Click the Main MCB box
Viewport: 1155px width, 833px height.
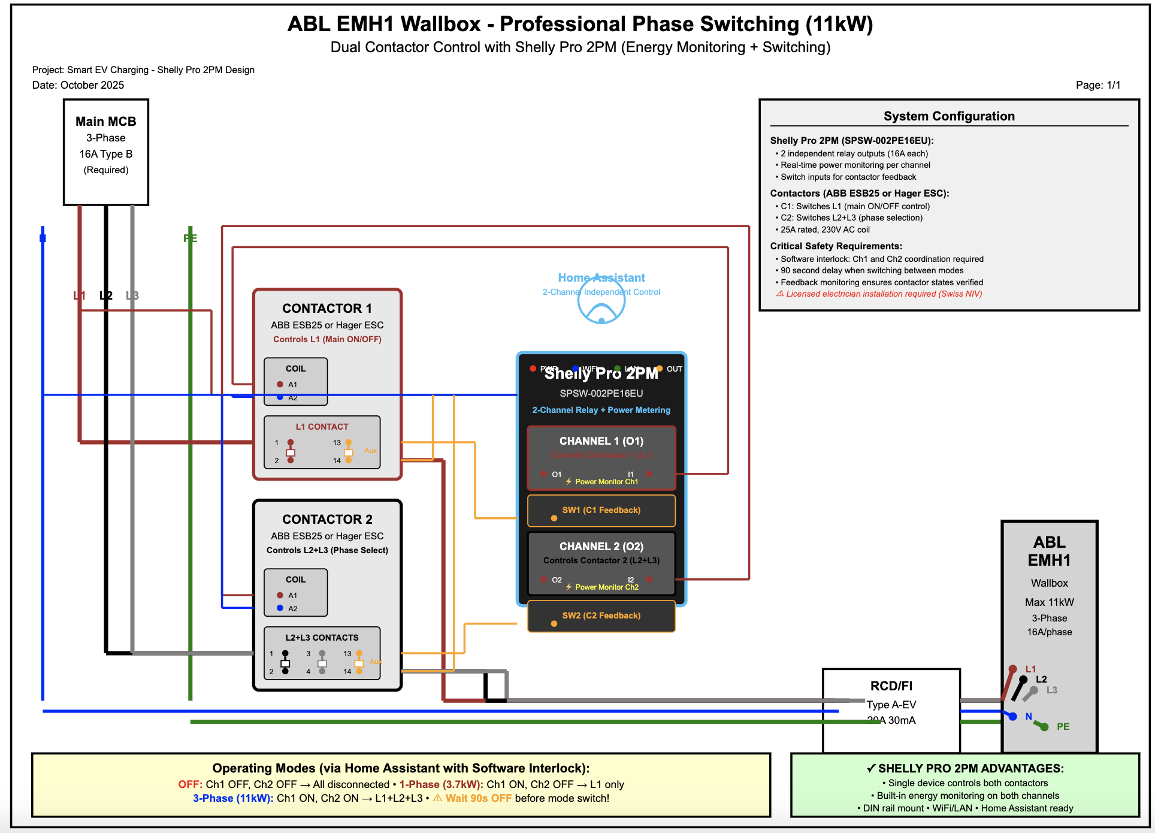coord(106,152)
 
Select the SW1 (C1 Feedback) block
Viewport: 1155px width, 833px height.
coord(601,511)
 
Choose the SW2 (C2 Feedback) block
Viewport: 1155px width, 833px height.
coord(601,616)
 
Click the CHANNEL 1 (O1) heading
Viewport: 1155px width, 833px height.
coord(601,441)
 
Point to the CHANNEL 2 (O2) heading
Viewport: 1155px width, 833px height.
coord(601,547)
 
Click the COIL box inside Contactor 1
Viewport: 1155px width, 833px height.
coord(295,382)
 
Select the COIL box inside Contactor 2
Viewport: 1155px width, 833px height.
coord(295,593)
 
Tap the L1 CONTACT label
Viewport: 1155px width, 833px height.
coord(322,427)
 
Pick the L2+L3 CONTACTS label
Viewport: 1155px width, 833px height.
coord(322,638)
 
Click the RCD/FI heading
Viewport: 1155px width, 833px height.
coord(891,686)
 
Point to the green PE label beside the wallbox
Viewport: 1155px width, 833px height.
coord(1063,727)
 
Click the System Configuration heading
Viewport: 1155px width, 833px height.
coord(949,116)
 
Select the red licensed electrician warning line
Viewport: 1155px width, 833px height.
coord(879,294)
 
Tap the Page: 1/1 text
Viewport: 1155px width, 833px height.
coord(1097,85)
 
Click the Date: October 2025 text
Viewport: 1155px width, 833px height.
coord(78,85)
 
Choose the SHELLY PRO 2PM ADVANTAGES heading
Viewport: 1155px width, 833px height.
coord(965,768)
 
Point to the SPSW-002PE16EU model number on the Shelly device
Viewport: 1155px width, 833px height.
coord(601,394)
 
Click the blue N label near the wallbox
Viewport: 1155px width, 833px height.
coord(1029,717)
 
